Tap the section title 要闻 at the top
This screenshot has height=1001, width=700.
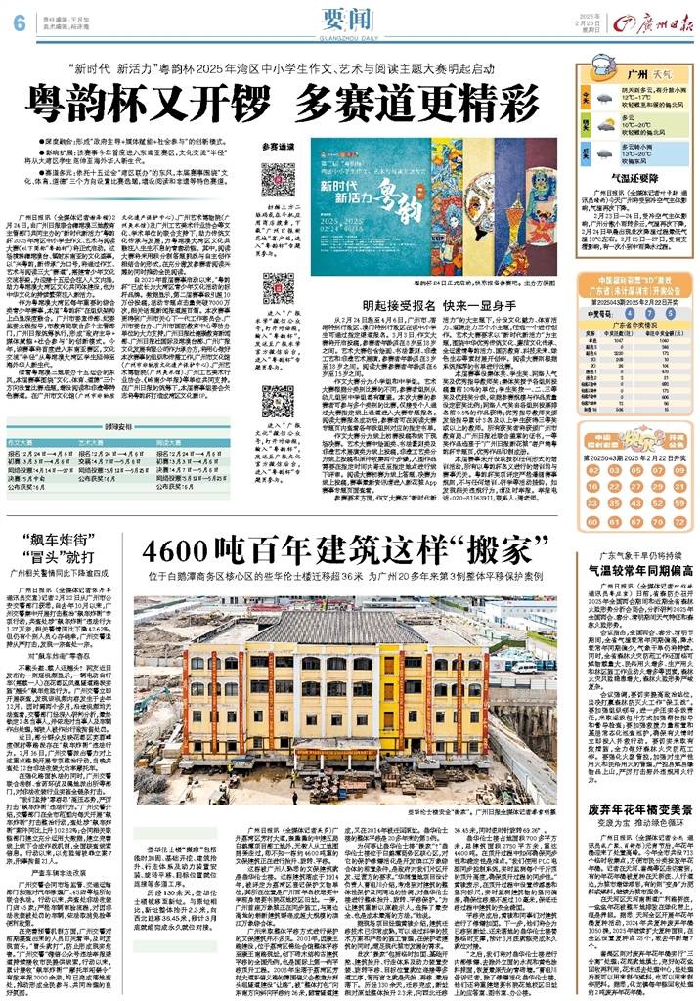(348, 20)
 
